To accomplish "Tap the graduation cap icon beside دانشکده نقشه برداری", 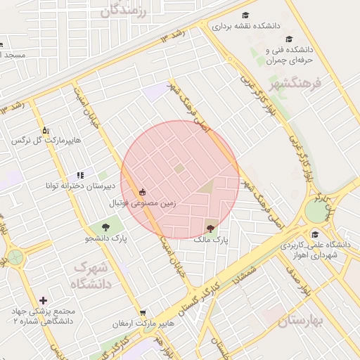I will click(x=245, y=15).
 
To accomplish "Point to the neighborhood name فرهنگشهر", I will click(x=295, y=84).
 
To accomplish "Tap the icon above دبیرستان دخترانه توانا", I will click(x=80, y=174).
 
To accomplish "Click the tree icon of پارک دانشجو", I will click(x=105, y=226).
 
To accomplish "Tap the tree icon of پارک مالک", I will click(x=211, y=226).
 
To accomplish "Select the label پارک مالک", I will click(x=212, y=240).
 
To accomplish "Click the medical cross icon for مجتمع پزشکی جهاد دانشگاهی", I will click(x=44, y=300).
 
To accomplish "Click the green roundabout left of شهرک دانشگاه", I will click(x=14, y=257).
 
